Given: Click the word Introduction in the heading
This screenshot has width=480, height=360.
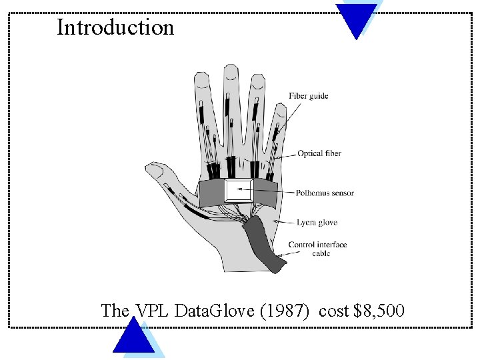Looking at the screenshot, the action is (115, 27).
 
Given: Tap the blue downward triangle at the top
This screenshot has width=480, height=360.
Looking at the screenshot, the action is (356, 18).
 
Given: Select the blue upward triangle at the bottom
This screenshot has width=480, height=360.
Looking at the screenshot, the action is (134, 337).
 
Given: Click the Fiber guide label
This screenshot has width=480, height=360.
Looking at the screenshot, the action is (308, 96).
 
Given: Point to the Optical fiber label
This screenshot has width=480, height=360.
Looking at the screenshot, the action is (319, 153).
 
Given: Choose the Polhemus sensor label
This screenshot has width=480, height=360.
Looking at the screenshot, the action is (325, 193).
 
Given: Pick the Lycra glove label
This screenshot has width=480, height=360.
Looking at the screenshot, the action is (317, 223).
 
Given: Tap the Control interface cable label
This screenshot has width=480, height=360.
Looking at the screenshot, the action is (317, 249).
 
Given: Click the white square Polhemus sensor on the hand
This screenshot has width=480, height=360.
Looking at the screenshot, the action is (239, 191).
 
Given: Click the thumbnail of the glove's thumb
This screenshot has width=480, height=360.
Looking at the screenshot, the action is (155, 171).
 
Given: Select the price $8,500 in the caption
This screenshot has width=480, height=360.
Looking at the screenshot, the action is (379, 311).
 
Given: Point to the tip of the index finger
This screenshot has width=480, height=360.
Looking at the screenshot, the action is (201, 78).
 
